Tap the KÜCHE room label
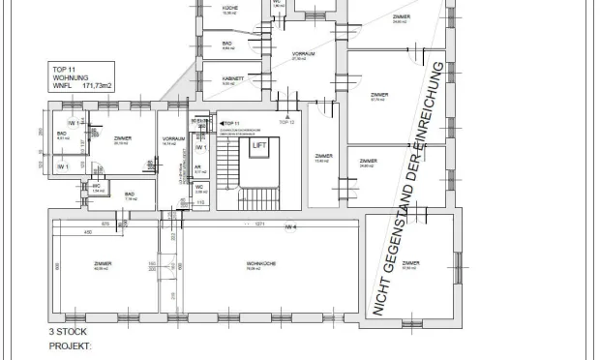[x=230, y=8]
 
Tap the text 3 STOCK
[x=69, y=331]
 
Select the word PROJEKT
[x=70, y=344]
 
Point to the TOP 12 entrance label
[x=285, y=123]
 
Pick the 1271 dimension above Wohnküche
[x=259, y=225]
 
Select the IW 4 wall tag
[x=288, y=225]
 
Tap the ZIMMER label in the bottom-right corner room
[x=410, y=263]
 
